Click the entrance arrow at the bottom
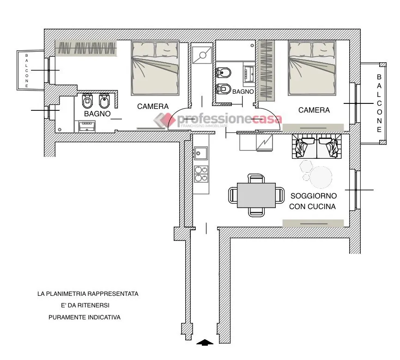(205, 342)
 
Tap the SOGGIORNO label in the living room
(314, 196)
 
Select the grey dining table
(256, 195)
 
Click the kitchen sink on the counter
(201, 153)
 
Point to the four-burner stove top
(201, 174)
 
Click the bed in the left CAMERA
(155, 68)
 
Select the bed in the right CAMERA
(312, 68)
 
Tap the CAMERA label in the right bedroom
(314, 110)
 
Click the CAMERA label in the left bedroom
(153, 106)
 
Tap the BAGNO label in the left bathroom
(97, 114)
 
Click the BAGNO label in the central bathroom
(243, 91)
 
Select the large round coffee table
(321, 177)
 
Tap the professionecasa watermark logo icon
(164, 120)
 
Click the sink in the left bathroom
(87, 126)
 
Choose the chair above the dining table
(256, 179)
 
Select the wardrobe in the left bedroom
(86, 48)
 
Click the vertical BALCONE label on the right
(379, 103)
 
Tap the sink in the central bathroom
(248, 73)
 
